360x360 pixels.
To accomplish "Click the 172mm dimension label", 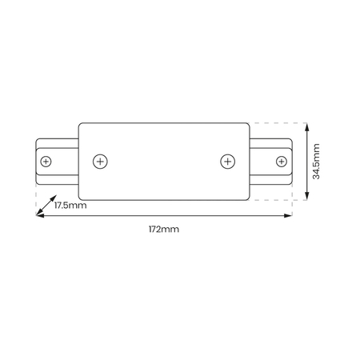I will tap(163, 230).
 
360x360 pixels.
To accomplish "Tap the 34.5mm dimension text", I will tap(317, 161).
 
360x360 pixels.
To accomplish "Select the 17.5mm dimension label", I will tap(70, 206).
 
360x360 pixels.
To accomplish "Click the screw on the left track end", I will tap(45, 162).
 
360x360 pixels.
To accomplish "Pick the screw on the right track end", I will tap(281, 162).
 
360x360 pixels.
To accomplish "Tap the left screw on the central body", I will tap(100, 162).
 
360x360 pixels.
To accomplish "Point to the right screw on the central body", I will tap(226, 162).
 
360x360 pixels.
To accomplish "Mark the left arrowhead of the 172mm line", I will tap(38, 216).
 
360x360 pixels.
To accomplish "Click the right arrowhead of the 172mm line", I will tap(290, 216).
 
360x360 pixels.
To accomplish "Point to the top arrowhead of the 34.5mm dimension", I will tap(308, 125).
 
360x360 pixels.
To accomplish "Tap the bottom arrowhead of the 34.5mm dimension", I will tap(308, 197).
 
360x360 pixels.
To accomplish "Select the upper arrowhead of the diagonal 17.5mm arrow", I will tap(53, 199).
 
